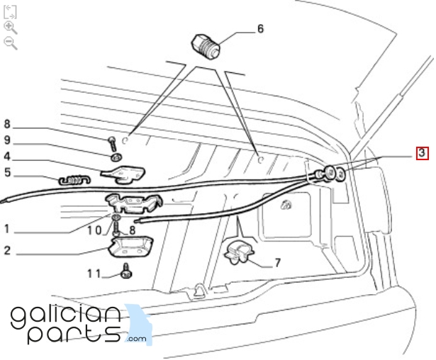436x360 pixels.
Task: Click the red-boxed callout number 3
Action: pyautogui.click(x=422, y=153)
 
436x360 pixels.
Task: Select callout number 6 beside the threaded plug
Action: pyautogui.click(x=260, y=28)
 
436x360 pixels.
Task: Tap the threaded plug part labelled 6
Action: pyautogui.click(x=206, y=46)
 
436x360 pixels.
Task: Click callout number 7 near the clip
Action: pyautogui.click(x=277, y=263)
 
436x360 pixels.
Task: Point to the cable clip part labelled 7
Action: pyautogui.click(x=238, y=252)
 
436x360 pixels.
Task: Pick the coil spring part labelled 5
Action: pyautogui.click(x=74, y=180)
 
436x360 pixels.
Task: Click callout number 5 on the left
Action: pyautogui.click(x=8, y=172)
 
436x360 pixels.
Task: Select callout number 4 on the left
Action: pyautogui.click(x=7, y=156)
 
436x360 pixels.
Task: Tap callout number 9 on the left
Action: pyautogui.click(x=7, y=140)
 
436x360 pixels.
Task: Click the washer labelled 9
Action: pyautogui.click(x=116, y=157)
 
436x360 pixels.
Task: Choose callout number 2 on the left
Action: pyautogui.click(x=7, y=250)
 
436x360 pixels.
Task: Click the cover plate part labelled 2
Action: pyautogui.click(x=131, y=247)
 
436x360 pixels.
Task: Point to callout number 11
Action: pyautogui.click(x=94, y=274)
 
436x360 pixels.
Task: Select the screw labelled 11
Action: pyautogui.click(x=126, y=271)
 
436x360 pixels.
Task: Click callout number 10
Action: pyautogui.click(x=94, y=230)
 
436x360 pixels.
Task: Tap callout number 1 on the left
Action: pyautogui.click(x=7, y=229)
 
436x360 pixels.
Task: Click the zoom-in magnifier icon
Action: pyautogui.click(x=11, y=28)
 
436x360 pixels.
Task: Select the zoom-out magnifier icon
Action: pyautogui.click(x=11, y=44)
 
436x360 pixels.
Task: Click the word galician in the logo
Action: pyautogui.click(x=66, y=317)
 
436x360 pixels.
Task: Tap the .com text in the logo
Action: pyautogui.click(x=136, y=339)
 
